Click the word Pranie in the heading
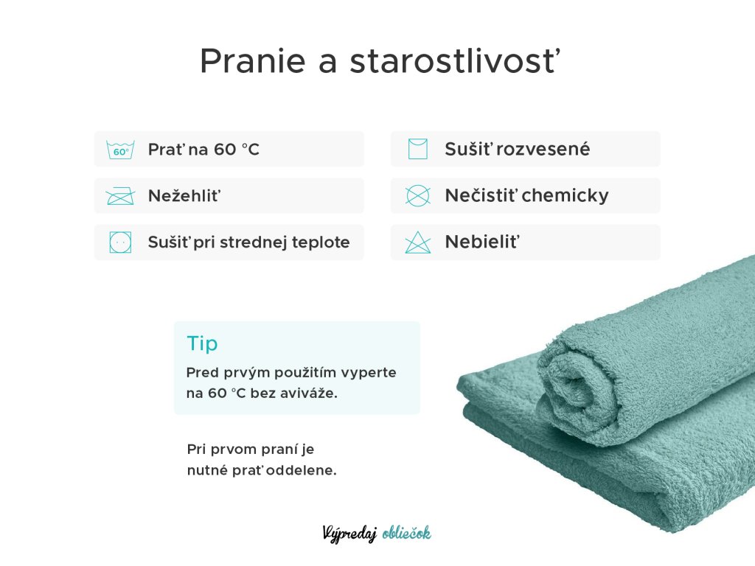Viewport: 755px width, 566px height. pyautogui.click(x=253, y=62)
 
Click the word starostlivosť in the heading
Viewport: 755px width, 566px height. pyautogui.click(x=455, y=60)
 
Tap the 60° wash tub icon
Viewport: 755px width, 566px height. pyautogui.click(x=120, y=150)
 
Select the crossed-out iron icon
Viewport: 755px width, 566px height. pyautogui.click(x=120, y=196)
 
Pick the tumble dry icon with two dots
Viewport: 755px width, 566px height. pyautogui.click(x=120, y=242)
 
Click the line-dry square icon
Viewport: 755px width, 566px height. pyautogui.click(x=417, y=149)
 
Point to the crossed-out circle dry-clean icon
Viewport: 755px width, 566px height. pyautogui.click(x=417, y=196)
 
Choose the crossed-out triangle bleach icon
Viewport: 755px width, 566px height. pyautogui.click(x=417, y=242)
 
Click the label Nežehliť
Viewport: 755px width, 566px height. pyautogui.click(x=184, y=195)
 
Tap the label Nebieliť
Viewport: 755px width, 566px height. pyautogui.click(x=482, y=242)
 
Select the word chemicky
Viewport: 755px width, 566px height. pyautogui.click(x=565, y=196)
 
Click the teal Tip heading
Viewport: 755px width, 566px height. pyautogui.click(x=202, y=343)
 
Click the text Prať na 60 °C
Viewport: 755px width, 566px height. pyautogui.click(x=203, y=149)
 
